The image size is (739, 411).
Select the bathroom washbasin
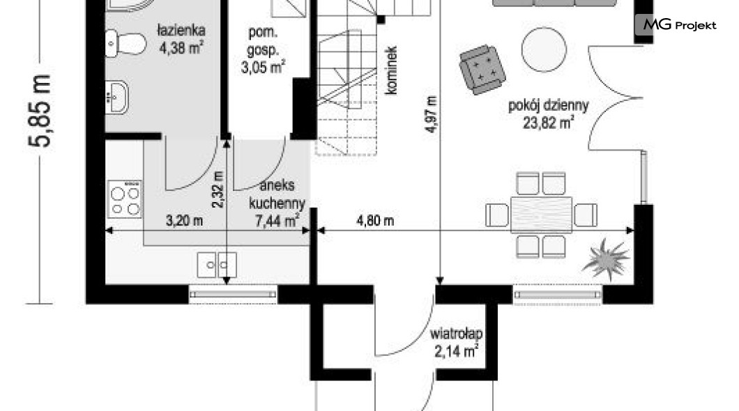point(116,98)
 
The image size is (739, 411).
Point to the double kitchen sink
point(217,265)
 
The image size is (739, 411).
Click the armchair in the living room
point(482,69)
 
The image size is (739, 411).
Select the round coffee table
point(544,49)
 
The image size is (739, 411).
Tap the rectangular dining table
point(542,215)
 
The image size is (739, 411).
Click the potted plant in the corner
point(607,259)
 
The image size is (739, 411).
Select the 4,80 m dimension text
point(375,220)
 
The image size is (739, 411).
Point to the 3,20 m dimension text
point(184,220)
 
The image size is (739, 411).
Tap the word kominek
point(391,70)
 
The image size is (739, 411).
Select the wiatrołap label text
point(456,334)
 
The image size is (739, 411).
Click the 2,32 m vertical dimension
point(218,189)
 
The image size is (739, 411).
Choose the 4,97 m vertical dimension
point(432,114)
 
